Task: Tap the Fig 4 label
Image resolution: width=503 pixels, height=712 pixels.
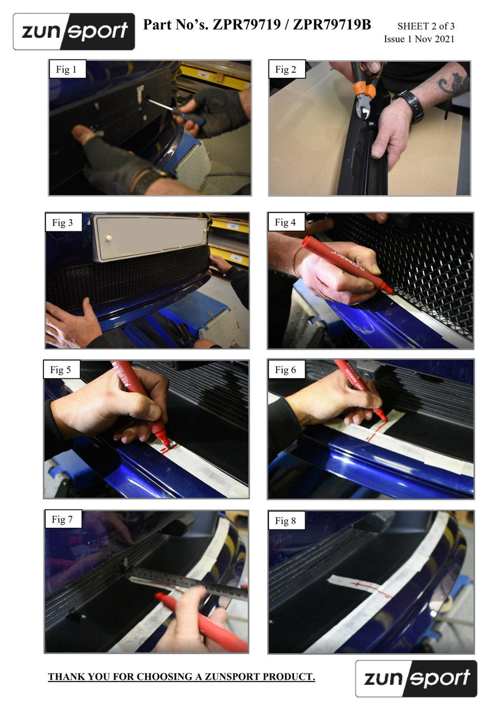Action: pos(285,222)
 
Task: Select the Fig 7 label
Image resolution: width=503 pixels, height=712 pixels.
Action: pos(62,519)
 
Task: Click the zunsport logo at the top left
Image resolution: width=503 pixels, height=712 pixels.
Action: pos(74,32)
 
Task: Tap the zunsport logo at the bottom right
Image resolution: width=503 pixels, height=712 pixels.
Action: pos(416,679)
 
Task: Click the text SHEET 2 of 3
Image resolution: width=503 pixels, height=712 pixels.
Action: pos(426,26)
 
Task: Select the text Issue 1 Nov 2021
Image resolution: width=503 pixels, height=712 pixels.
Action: pos(419,39)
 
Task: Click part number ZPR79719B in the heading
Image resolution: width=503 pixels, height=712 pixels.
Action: pos(332,24)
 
